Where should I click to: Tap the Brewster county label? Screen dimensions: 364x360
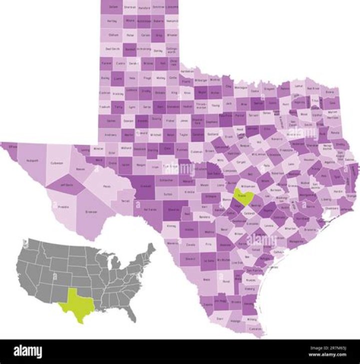[x=91, y=212]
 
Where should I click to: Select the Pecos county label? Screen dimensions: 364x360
[x=106, y=186]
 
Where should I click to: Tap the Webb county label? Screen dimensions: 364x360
[x=206, y=279]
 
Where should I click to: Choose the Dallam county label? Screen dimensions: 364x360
[x=113, y=7]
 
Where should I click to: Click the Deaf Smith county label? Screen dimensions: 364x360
[x=112, y=49]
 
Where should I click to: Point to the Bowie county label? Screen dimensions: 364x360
[x=330, y=92]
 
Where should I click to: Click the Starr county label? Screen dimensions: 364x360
[x=219, y=318]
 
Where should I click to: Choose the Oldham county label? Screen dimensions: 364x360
[x=113, y=35]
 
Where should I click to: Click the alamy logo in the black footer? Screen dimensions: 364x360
[x=28, y=352]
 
